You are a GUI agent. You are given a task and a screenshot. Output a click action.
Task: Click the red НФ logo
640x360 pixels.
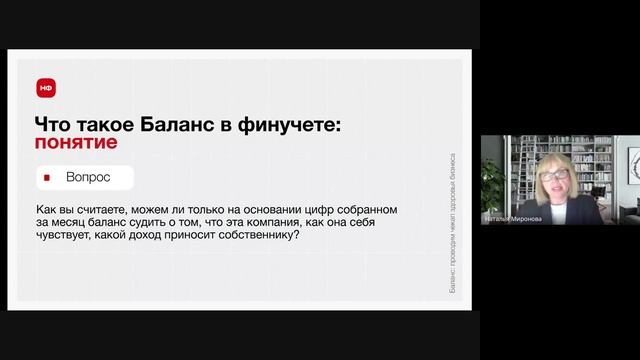click(x=46, y=87)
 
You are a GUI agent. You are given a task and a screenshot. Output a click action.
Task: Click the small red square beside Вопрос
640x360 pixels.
click(x=46, y=178)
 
